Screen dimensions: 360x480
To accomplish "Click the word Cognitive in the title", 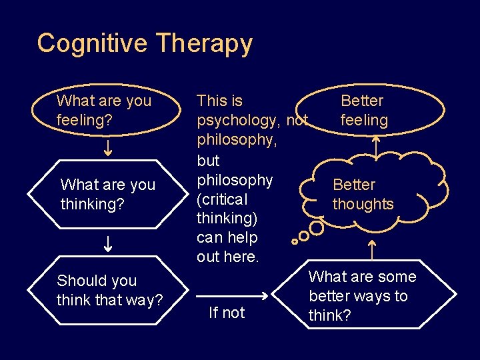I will tap(93, 43).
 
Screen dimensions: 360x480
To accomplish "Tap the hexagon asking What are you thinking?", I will tap(107, 194).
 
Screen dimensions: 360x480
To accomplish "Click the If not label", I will tap(227, 313).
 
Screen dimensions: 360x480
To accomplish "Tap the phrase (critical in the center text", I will tap(222, 199).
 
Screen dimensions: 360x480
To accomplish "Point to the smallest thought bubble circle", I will tap(294, 242).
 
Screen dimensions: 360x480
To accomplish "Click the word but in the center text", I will tap(208, 161).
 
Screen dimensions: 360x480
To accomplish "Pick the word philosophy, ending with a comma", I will tap(237, 141).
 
